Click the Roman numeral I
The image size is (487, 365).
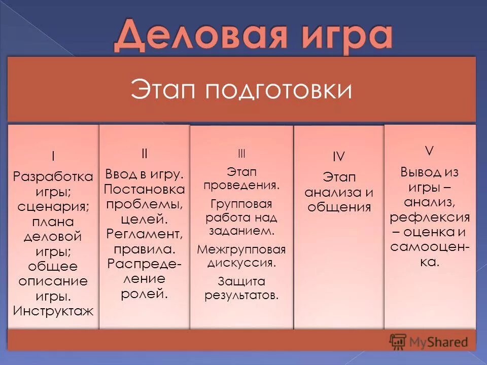(53, 156)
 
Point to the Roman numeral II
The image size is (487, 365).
(144, 154)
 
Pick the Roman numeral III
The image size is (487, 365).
(241, 154)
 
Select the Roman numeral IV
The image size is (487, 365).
(338, 157)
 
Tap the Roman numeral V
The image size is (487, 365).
(429, 150)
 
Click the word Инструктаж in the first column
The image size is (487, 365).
(53, 311)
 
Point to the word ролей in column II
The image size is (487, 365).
(144, 294)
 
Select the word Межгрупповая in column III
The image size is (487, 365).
(241, 249)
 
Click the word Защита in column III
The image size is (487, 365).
(241, 281)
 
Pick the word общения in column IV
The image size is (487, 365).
(338, 207)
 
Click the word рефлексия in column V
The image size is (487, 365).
(429, 217)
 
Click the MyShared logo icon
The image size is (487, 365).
(398, 341)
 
